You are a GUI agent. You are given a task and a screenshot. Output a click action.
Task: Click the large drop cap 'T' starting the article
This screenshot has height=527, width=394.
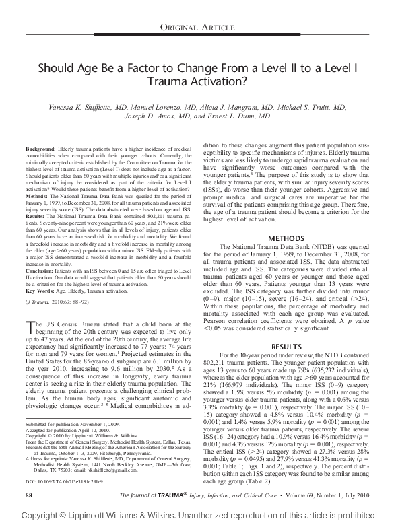pos(30,328)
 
